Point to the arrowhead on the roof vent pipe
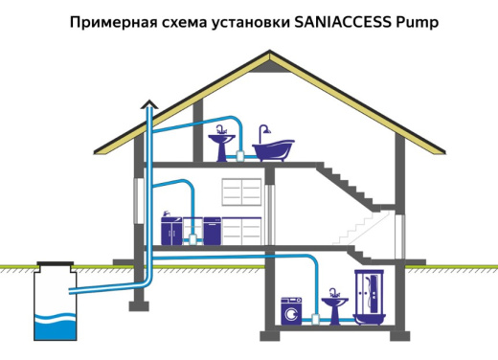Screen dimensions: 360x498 pyautogui.click(x=148, y=104)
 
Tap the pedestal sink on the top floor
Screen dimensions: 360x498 pyautogui.click(x=224, y=146)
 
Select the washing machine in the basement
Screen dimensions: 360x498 pyautogui.click(x=290, y=311)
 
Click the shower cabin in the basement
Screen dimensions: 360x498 pyautogui.click(x=369, y=298)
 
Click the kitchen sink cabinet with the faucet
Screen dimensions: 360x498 pyautogui.click(x=171, y=230)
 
